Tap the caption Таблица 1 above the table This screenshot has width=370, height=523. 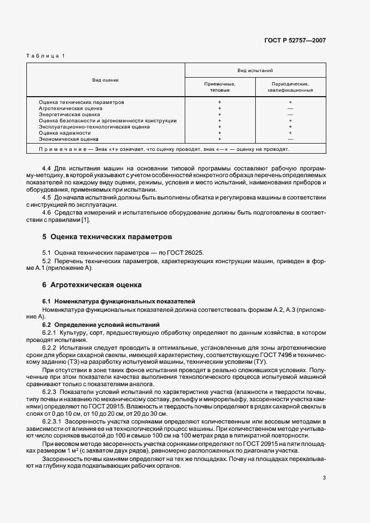pyautogui.click(x=46, y=56)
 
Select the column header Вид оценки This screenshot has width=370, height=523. pyautogui.click(x=105, y=80)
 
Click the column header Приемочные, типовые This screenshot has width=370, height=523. pyautogui.click(x=219, y=86)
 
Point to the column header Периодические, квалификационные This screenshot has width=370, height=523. pyautogui.click(x=290, y=86)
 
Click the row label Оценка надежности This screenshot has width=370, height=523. pyautogui.click(x=64, y=133)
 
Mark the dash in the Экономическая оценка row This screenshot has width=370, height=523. pyautogui.click(x=290, y=139)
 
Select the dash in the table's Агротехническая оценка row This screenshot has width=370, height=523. pyautogui.click(x=290, y=108)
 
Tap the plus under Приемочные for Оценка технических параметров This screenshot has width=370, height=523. pyautogui.click(x=219, y=102)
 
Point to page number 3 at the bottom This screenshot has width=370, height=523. pyautogui.click(x=324, y=478)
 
